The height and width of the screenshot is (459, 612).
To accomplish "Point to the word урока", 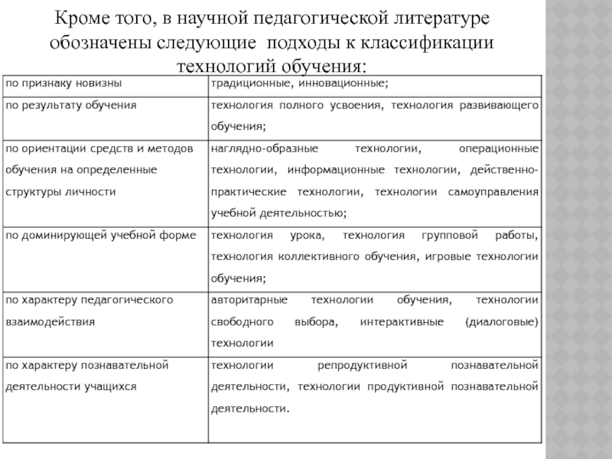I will [x=307, y=235].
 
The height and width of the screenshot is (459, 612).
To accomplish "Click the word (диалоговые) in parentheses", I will [x=502, y=321].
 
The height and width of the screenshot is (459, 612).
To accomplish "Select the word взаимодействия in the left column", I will [x=50, y=321].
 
